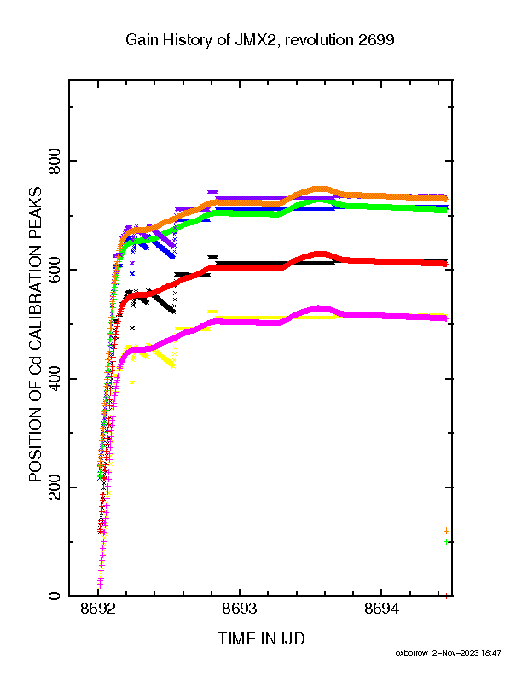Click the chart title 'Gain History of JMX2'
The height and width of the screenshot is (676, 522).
pos(200,40)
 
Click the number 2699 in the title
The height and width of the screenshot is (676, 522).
pos(374,40)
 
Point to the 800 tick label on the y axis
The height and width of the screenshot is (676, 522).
pos(55,161)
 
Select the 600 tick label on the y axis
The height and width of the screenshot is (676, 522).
pos(55,270)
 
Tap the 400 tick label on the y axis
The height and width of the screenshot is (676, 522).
pos(55,378)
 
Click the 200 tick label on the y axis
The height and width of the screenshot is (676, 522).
pos(55,487)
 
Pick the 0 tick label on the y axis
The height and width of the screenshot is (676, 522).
pos(55,596)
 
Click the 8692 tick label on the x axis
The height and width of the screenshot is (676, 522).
pos(98,609)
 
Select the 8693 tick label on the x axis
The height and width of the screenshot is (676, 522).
pos(240,609)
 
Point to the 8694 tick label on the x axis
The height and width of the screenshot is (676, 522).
pos(381,609)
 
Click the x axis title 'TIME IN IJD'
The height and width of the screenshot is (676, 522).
pos(261,638)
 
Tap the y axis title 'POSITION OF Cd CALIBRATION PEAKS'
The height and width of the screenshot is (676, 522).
pos(35,334)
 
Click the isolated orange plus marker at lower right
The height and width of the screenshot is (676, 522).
pos(446,531)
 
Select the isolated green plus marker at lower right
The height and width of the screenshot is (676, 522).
pos(446,541)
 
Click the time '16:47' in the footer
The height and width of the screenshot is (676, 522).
pos(491,653)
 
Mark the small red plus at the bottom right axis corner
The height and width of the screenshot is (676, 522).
pos(446,597)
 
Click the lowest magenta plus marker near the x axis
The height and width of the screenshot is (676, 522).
pos(100,586)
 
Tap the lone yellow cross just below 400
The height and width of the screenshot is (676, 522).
pos(132,382)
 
